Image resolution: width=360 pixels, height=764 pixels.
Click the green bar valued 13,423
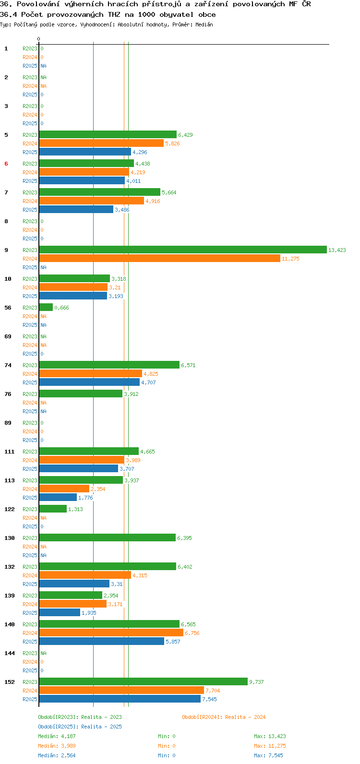tap(183, 250)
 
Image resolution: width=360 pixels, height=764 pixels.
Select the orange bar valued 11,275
tap(160, 259)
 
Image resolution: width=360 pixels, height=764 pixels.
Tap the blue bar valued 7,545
tap(120, 699)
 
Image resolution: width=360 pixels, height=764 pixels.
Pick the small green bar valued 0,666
tap(46, 307)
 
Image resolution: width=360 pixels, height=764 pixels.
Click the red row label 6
tap(6, 164)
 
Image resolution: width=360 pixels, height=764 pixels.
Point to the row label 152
tap(10, 682)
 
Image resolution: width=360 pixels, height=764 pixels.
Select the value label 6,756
tap(192, 633)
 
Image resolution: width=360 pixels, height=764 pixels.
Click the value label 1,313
tap(75, 509)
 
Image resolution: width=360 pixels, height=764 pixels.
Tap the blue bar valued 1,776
tap(58, 497)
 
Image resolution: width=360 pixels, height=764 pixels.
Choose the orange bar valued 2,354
tap(64, 489)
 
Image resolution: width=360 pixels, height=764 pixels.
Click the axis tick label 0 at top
tap(38, 39)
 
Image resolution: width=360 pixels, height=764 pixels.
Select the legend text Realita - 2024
tap(245, 717)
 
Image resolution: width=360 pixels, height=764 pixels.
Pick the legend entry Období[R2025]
tap(58, 727)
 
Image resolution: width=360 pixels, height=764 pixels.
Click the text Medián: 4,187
tap(57, 736)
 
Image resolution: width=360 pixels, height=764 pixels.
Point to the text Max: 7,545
tap(268, 755)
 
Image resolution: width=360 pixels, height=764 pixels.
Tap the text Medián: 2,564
tap(57, 755)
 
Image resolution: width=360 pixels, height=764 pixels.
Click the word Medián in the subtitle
tap(204, 24)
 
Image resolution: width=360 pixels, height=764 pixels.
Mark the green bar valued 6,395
tap(108, 537)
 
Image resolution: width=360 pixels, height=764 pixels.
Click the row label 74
tap(8, 365)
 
